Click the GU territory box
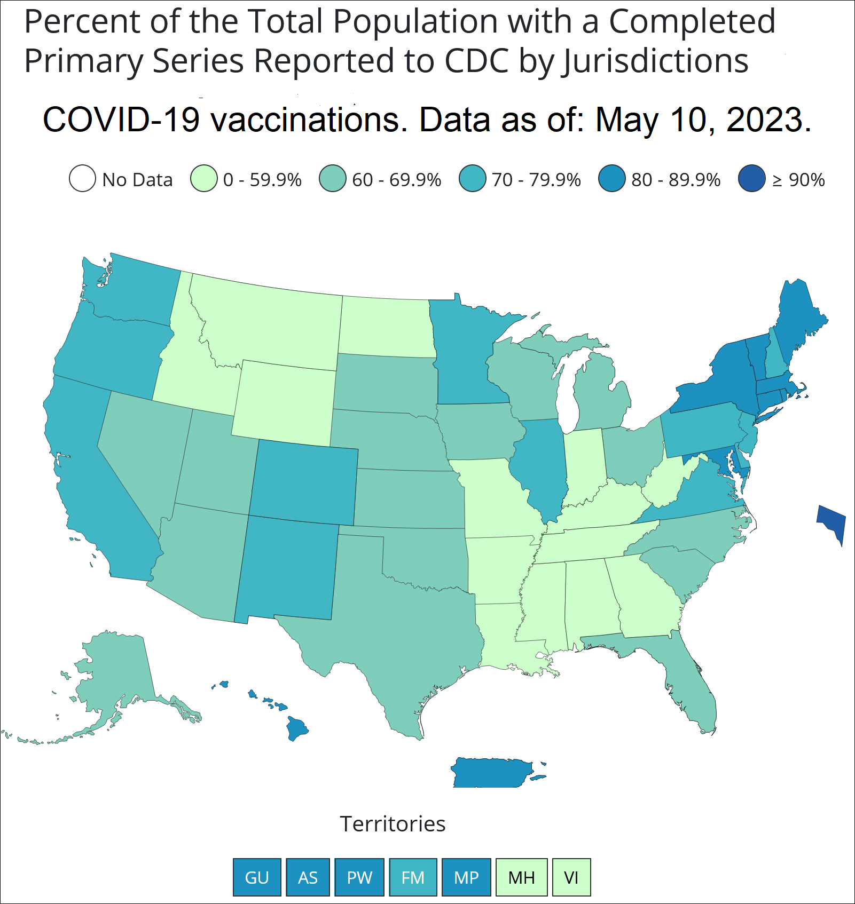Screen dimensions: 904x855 pos(257,877)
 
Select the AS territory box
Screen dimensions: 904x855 pos(308,877)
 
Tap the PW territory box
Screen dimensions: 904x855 pos(359,877)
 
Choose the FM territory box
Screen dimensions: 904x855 pos(413,877)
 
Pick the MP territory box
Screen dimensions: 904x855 pos(466,877)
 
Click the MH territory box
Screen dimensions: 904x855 pos(521,877)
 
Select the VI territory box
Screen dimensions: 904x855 pos(571,877)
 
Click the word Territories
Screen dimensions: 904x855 pos(393,824)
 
